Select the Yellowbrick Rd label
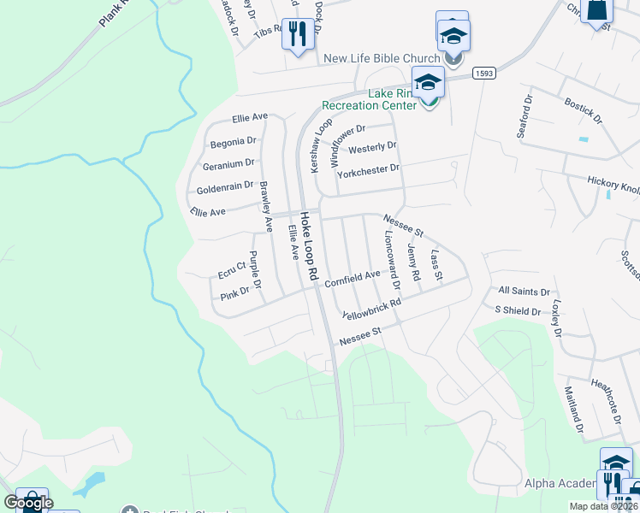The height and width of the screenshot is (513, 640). (371, 310)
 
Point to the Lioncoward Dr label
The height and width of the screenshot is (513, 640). (392, 254)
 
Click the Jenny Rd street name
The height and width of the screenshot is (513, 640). (414, 262)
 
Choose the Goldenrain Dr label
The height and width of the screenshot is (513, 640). (225, 186)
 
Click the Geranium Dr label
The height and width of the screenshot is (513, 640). (228, 162)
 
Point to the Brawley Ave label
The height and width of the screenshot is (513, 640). (265, 207)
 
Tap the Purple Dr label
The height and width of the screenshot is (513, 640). (254, 270)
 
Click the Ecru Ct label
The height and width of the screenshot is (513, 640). (231, 270)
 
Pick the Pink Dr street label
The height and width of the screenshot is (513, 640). (234, 292)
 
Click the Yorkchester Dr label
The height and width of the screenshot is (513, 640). (369, 168)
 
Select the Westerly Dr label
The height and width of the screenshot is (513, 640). (372, 147)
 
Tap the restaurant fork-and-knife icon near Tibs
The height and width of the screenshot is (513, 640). (297, 34)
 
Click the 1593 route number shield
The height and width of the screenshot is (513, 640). (484, 74)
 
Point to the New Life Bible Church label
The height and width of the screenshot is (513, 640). (381, 58)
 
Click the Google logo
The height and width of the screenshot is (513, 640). (29, 503)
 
